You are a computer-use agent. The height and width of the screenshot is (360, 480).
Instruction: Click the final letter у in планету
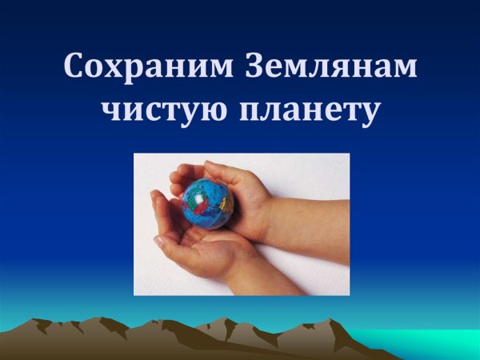(x=369, y=113)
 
